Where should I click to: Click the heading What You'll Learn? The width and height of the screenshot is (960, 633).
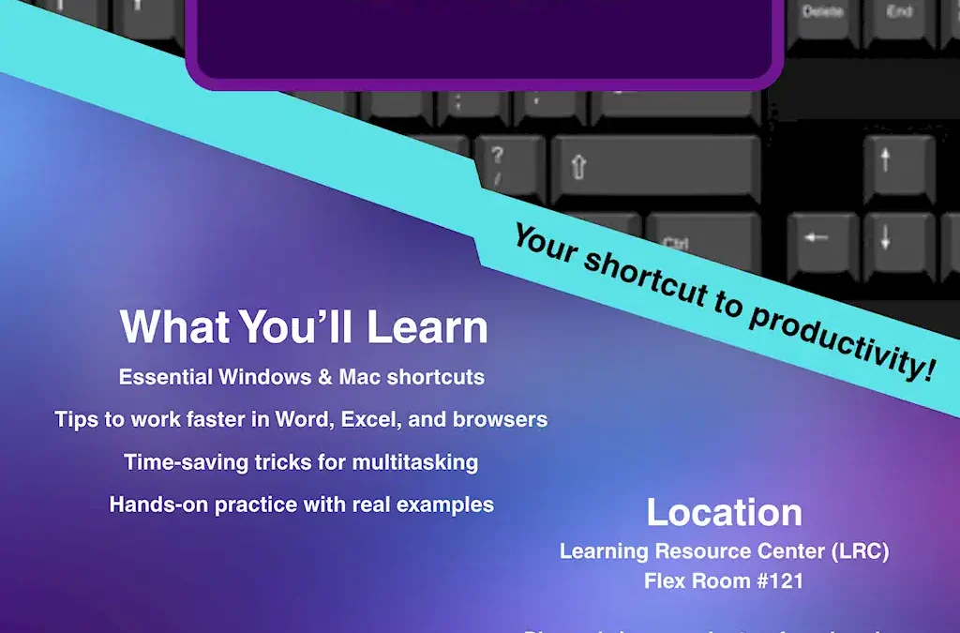(304, 327)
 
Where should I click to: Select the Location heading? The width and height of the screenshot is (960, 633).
(724, 512)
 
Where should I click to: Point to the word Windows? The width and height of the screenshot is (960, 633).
(265, 377)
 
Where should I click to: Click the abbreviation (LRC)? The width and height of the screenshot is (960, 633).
(857, 551)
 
